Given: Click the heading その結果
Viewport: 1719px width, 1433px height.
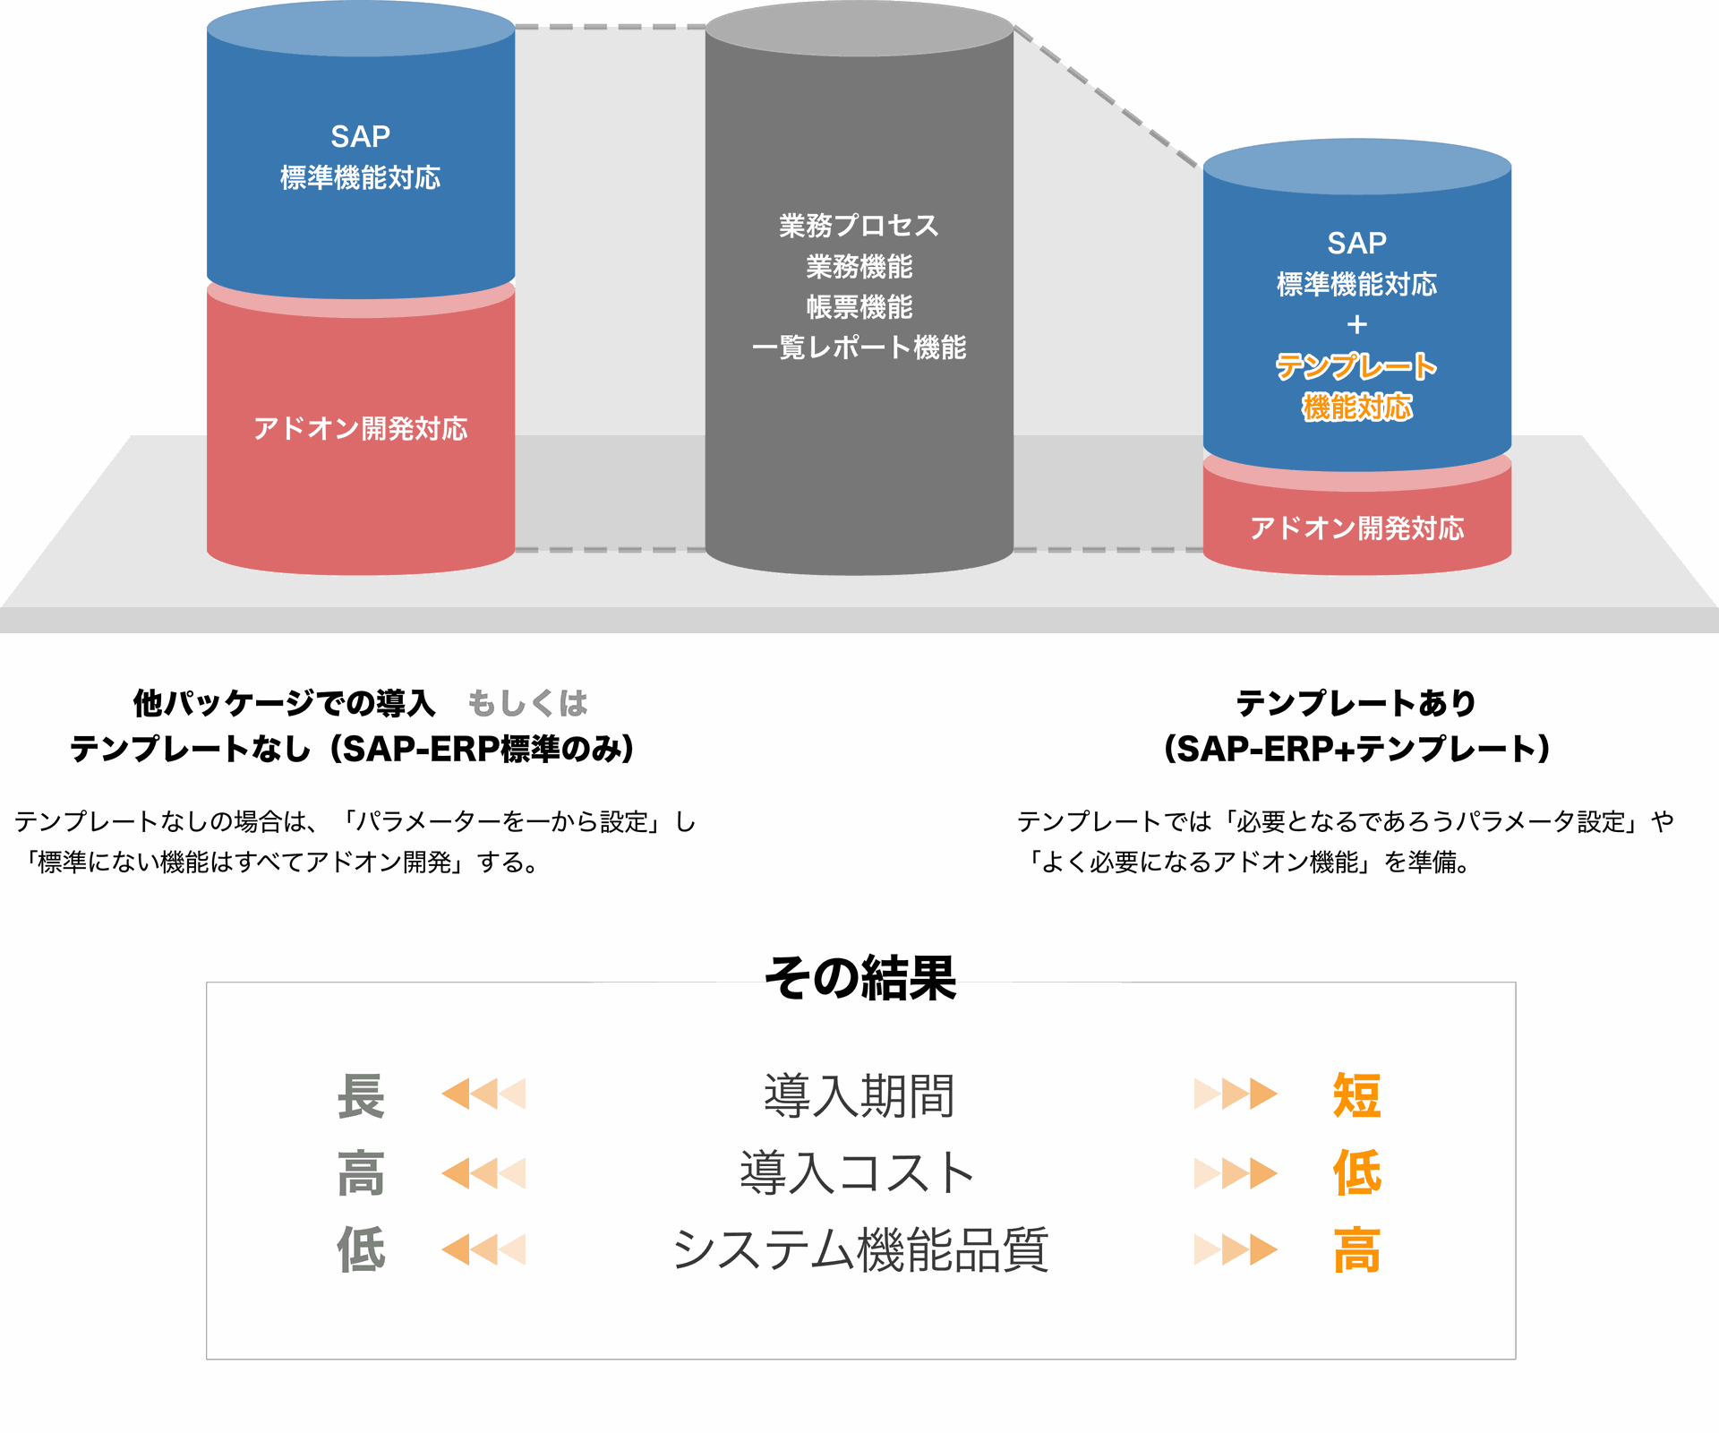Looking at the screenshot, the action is point(860,977).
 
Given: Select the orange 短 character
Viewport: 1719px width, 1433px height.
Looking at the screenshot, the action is point(1356,1095).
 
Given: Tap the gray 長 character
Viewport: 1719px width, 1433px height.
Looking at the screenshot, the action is point(361,1095).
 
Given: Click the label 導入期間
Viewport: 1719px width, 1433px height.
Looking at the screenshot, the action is point(859,1095).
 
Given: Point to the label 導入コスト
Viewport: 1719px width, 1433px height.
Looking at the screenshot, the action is point(858,1173).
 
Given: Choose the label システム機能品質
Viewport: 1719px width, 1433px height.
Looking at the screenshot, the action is point(860,1250).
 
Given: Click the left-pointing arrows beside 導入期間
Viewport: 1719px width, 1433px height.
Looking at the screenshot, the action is point(483,1094).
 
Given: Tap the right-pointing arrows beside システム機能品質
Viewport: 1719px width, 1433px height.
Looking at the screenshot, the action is point(1236,1250).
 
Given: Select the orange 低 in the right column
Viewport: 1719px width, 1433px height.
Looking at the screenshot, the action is point(1356,1173).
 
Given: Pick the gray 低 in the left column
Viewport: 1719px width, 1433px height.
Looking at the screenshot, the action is point(361,1250).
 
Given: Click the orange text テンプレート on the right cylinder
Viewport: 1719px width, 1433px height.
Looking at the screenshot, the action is point(1356,366).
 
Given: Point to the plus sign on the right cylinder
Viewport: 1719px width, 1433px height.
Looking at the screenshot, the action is point(1357,324).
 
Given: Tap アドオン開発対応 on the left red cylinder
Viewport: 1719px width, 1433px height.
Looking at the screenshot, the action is point(361,429).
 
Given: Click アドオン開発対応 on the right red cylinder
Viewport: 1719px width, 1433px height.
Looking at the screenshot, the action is point(1357,528).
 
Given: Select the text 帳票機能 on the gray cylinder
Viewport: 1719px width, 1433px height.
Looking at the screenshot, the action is point(859,307).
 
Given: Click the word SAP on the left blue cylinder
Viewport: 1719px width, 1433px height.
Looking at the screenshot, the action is point(361,137).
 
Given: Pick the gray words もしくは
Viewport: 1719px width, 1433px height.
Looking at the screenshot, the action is point(527,704).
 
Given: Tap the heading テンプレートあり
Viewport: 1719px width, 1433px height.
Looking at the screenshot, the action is point(1356,704).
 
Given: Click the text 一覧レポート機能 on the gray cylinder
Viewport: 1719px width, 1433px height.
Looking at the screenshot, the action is point(859,348).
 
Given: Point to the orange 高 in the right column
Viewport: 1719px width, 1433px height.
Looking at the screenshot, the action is point(1356,1250).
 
